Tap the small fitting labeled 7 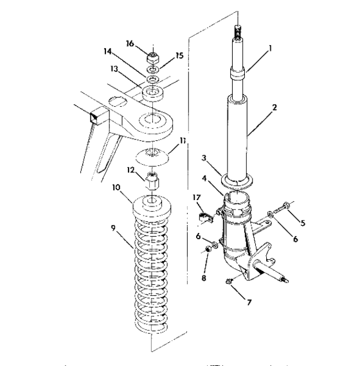coord(229,280)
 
